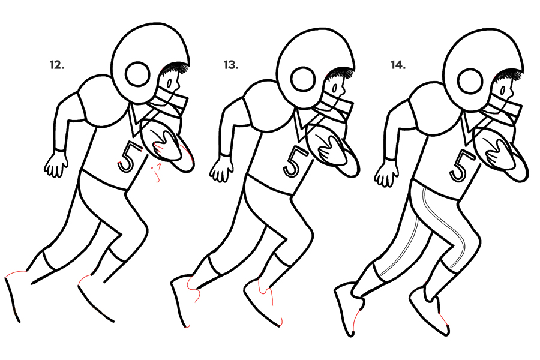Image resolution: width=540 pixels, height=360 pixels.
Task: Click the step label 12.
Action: pyautogui.click(x=57, y=65)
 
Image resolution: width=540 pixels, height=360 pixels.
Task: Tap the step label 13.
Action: pyautogui.click(x=231, y=65)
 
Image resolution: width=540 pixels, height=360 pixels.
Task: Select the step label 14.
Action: pyautogui.click(x=398, y=65)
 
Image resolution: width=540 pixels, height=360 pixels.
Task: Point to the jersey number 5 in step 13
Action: pyautogui.click(x=295, y=161)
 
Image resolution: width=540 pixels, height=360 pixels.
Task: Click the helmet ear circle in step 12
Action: pyautogui.click(x=138, y=76)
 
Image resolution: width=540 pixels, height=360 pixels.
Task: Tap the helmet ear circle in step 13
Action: pyautogui.click(x=303, y=80)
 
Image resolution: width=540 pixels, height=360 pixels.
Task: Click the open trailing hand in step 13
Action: pyautogui.click(x=221, y=169)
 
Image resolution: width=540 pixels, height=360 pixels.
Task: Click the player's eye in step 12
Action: pyautogui.click(x=169, y=83)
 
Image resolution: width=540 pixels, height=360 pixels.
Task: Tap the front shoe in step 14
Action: pyautogui.click(x=430, y=310)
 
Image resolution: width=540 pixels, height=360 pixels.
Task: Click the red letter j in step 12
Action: pyautogui.click(x=157, y=174)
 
